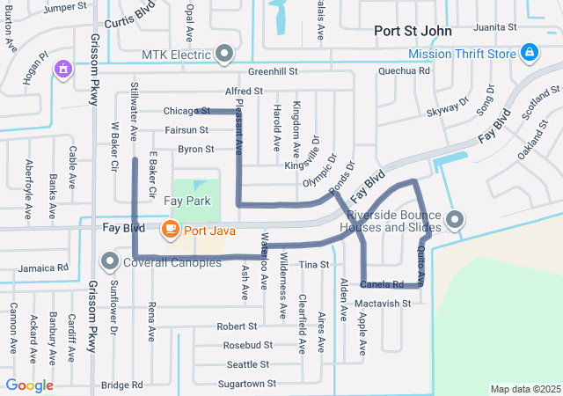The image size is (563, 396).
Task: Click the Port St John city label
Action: tap(413, 31)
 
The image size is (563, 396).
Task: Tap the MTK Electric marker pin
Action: tap(224, 55)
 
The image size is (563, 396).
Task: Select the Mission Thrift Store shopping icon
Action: tap(530, 55)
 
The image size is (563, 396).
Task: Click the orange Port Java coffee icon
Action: tap(169, 229)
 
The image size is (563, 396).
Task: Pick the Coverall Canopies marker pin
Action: tap(110, 261)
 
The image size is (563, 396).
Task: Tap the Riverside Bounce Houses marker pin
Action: tap(454, 219)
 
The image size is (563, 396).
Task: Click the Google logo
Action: tap(29, 385)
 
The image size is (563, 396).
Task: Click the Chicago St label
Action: tap(186, 111)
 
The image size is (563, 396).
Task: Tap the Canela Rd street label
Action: tap(382, 285)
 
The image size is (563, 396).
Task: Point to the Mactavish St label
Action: tap(384, 304)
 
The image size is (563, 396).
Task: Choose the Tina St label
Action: tap(313, 264)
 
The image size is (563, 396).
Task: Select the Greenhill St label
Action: tap(274, 70)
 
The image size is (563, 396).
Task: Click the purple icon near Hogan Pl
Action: tap(62, 68)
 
